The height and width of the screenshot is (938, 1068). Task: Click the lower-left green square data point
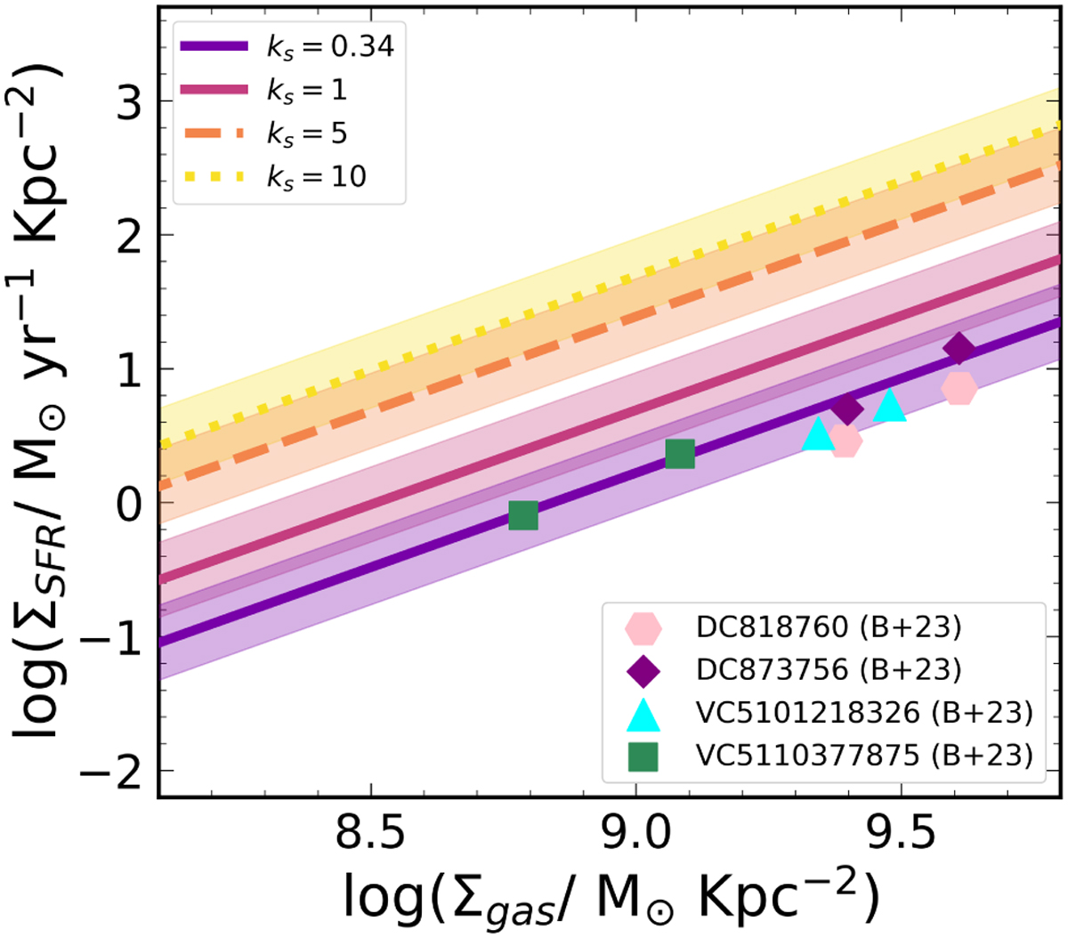[x=523, y=515]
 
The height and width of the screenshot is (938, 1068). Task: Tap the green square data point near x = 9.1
[x=680, y=454]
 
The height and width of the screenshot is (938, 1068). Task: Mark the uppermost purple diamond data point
[x=959, y=349]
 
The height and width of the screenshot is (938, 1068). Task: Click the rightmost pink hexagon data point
[x=959, y=388]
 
